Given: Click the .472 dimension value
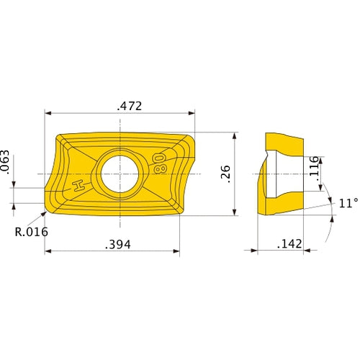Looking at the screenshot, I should pyautogui.click(x=130, y=106).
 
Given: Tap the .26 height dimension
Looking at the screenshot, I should pyautogui.click(x=225, y=173).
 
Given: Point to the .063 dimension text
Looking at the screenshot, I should pyautogui.click(x=6, y=163).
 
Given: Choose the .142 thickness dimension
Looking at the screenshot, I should pyautogui.click(x=289, y=245).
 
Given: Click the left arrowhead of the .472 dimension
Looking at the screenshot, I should pyautogui.click(x=48, y=113).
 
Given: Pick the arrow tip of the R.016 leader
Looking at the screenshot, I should pyautogui.click(x=44, y=214).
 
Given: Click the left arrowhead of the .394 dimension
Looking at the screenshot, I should pyautogui.click(x=48, y=252).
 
